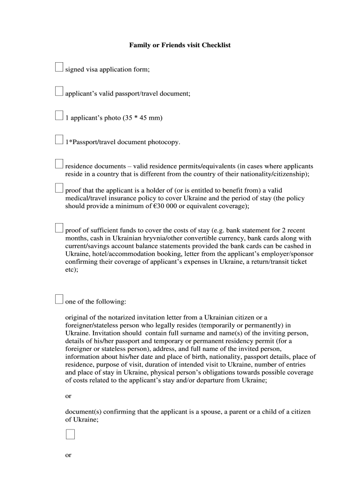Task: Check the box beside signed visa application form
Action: pos(59,67)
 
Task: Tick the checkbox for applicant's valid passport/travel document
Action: pos(59,91)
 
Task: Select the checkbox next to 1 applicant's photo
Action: pos(59,115)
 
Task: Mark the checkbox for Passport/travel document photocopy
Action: pos(59,139)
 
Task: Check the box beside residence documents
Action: pos(59,163)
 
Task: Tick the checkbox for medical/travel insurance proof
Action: pos(59,188)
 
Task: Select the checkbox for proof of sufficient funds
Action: pos(59,228)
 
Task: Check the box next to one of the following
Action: pos(59,299)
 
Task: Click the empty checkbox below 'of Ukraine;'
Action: pos(70,435)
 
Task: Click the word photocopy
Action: pos(164,142)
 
